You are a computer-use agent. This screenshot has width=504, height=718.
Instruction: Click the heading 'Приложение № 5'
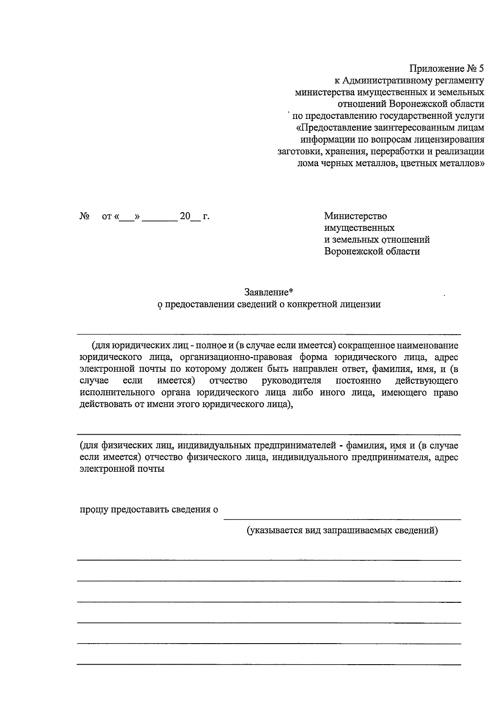[x=446, y=68]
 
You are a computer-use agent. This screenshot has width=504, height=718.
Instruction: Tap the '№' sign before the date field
[x=84, y=217]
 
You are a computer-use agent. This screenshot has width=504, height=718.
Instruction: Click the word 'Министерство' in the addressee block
[x=355, y=216]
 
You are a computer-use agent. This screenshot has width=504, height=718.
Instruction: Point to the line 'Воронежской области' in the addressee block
[x=372, y=251]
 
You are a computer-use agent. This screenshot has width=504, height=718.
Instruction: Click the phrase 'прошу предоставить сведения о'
[x=149, y=509]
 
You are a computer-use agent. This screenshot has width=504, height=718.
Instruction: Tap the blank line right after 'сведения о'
[x=342, y=518]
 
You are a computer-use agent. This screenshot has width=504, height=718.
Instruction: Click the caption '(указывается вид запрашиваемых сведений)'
[x=342, y=531]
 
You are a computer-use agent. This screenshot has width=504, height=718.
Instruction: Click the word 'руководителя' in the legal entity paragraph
[x=291, y=381]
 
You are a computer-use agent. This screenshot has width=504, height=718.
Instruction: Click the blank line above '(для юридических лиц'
[x=269, y=334]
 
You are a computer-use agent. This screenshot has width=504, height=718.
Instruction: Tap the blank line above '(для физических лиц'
[x=269, y=434]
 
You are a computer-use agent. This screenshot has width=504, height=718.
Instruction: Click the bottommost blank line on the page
[x=269, y=665]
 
